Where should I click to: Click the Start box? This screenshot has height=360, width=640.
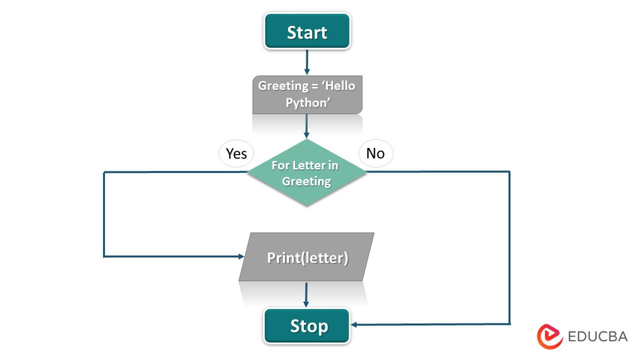[x=307, y=31]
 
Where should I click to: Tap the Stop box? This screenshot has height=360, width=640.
[x=307, y=326]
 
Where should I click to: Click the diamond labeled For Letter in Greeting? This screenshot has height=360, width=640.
[x=307, y=172]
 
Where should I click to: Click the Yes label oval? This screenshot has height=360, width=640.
[x=236, y=153]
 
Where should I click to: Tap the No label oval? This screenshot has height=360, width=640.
[x=375, y=153]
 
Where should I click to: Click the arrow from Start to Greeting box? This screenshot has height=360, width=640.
[x=307, y=62]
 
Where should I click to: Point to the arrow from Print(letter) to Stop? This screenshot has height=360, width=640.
[x=306, y=295]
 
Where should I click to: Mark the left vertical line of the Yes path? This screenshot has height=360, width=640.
[x=104, y=215]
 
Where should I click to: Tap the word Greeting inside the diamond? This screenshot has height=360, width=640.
[x=306, y=181]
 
